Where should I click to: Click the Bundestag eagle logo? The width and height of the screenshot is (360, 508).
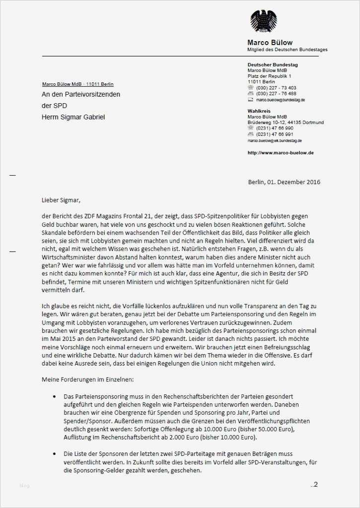point(263,21)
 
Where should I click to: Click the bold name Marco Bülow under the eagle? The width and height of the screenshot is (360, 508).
point(270,42)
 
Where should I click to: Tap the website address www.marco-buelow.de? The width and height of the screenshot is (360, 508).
point(280,153)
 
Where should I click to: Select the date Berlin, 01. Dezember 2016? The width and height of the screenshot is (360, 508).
point(284,182)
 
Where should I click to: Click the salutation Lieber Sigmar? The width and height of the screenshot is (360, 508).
point(61,200)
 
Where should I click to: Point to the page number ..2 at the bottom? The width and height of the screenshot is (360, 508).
point(314,484)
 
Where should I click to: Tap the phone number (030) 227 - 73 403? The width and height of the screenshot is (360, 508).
point(276,88)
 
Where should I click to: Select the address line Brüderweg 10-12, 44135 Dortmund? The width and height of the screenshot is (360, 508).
point(286,122)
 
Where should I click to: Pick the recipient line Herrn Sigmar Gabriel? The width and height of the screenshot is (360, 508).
point(73,117)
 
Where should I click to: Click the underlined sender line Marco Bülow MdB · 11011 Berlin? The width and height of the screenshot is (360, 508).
point(78,84)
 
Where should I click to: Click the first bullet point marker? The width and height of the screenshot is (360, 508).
point(54,397)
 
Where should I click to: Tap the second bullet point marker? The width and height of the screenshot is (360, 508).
point(54,454)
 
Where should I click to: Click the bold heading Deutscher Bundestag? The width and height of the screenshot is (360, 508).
point(273,65)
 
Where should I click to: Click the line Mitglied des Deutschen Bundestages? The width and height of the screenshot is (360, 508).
point(287,50)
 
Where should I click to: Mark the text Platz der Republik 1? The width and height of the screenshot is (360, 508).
point(269,76)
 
